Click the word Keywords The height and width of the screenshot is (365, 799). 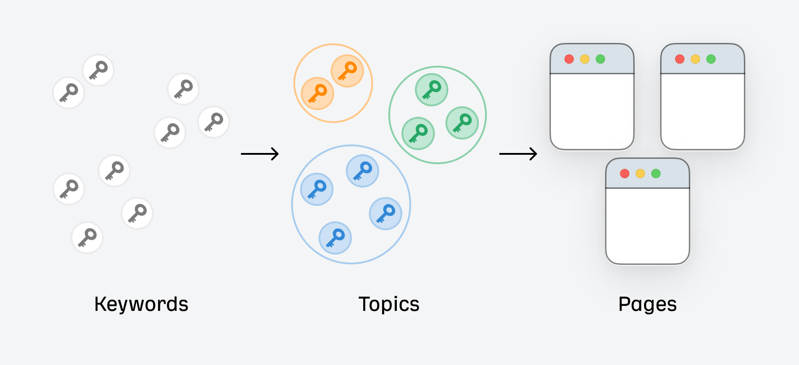141,304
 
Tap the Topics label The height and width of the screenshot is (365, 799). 389,304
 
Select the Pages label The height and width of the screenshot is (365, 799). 647,304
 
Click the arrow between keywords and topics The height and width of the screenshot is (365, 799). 260,154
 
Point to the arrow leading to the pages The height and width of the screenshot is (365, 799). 518,154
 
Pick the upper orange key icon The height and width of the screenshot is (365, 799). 347,71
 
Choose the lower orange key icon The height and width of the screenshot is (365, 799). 318,93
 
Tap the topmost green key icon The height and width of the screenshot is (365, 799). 432,89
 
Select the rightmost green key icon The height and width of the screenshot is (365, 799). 462,123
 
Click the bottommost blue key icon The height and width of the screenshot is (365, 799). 335,238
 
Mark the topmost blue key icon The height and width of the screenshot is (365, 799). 362,171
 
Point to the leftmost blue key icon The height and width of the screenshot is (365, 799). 317,189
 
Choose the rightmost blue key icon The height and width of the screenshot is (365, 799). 386,213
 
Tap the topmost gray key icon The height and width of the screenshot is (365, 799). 98,70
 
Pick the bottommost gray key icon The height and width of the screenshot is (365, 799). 87,238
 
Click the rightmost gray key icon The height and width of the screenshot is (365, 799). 214,122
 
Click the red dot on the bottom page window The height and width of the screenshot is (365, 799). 625,174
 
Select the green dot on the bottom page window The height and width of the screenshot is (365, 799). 656,174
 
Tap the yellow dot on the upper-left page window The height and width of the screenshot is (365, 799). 585,59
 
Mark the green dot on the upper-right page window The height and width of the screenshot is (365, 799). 711,59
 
